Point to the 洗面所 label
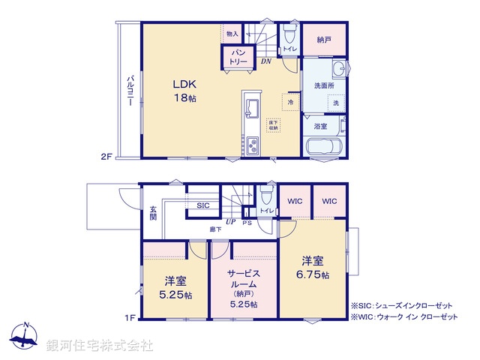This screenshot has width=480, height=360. (324, 85)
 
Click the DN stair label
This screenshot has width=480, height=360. (266, 61)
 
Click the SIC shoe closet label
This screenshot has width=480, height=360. (203, 205)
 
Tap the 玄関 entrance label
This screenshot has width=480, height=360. (152, 211)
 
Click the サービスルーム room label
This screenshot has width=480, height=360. (244, 284)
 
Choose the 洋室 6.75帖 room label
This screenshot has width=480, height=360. (313, 268)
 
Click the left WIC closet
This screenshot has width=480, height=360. (293, 201)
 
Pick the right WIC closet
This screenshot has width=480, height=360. (330, 201)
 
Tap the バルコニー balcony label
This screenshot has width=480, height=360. (130, 89)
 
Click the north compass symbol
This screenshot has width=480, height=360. (25, 337)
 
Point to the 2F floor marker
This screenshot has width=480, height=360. (106, 157)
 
